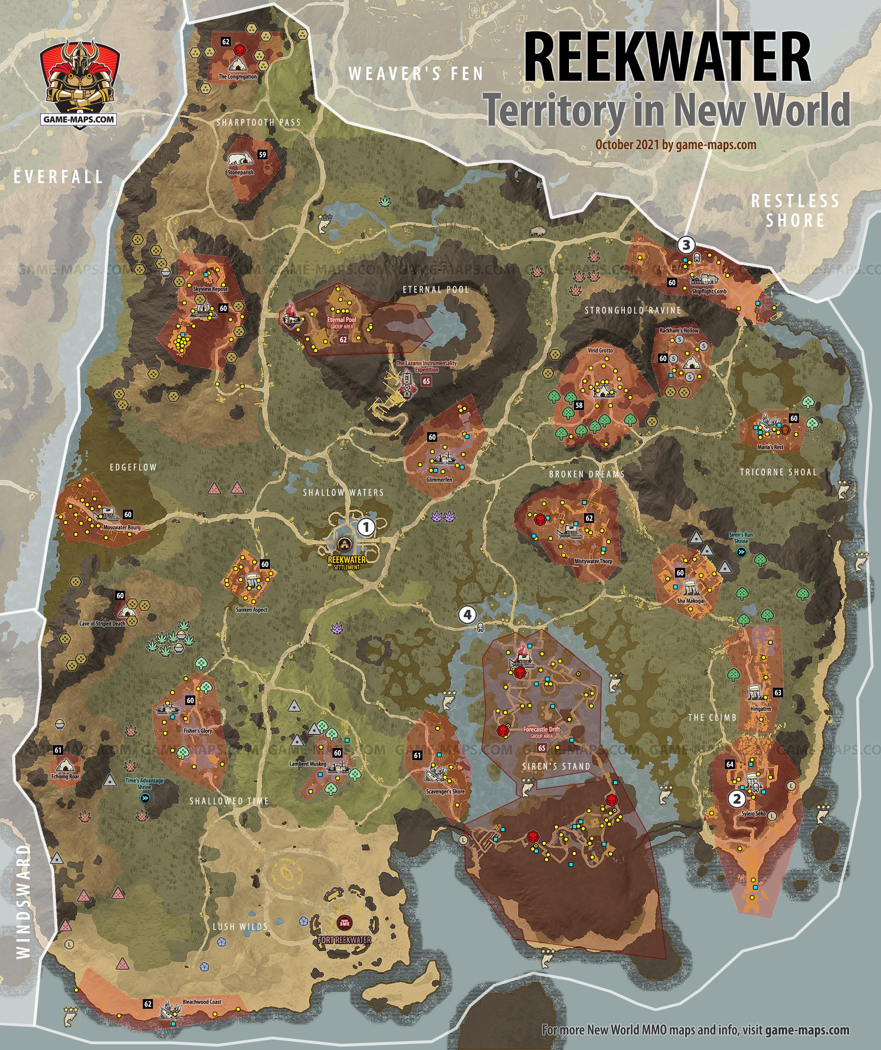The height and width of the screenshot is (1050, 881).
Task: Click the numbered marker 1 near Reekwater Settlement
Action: [x=366, y=527]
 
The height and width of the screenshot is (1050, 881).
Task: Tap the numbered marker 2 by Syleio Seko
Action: [x=737, y=799]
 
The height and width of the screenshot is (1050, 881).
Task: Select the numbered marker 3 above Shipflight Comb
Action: [x=686, y=245]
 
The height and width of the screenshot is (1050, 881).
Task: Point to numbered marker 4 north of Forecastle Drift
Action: [x=467, y=615]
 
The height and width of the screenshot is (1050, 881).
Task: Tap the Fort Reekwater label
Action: [x=344, y=940]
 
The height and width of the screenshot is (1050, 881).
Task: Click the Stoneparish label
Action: [x=241, y=172]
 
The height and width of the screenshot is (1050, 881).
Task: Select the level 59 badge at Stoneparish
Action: [x=262, y=154]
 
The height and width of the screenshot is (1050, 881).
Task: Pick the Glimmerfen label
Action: [x=439, y=479]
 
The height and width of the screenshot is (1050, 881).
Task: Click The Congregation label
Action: [x=238, y=77]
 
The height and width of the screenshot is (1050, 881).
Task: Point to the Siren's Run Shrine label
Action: [x=741, y=538]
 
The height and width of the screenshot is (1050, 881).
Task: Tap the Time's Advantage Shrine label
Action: [x=144, y=783]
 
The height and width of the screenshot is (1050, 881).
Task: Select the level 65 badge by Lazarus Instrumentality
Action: [x=426, y=381]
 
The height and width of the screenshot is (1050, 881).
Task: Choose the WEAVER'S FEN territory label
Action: [x=416, y=74]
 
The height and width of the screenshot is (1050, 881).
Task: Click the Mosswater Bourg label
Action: [x=122, y=527]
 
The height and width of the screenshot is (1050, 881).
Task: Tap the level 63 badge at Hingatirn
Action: [x=777, y=693]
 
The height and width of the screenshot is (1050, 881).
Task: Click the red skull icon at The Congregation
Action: [x=241, y=50]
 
